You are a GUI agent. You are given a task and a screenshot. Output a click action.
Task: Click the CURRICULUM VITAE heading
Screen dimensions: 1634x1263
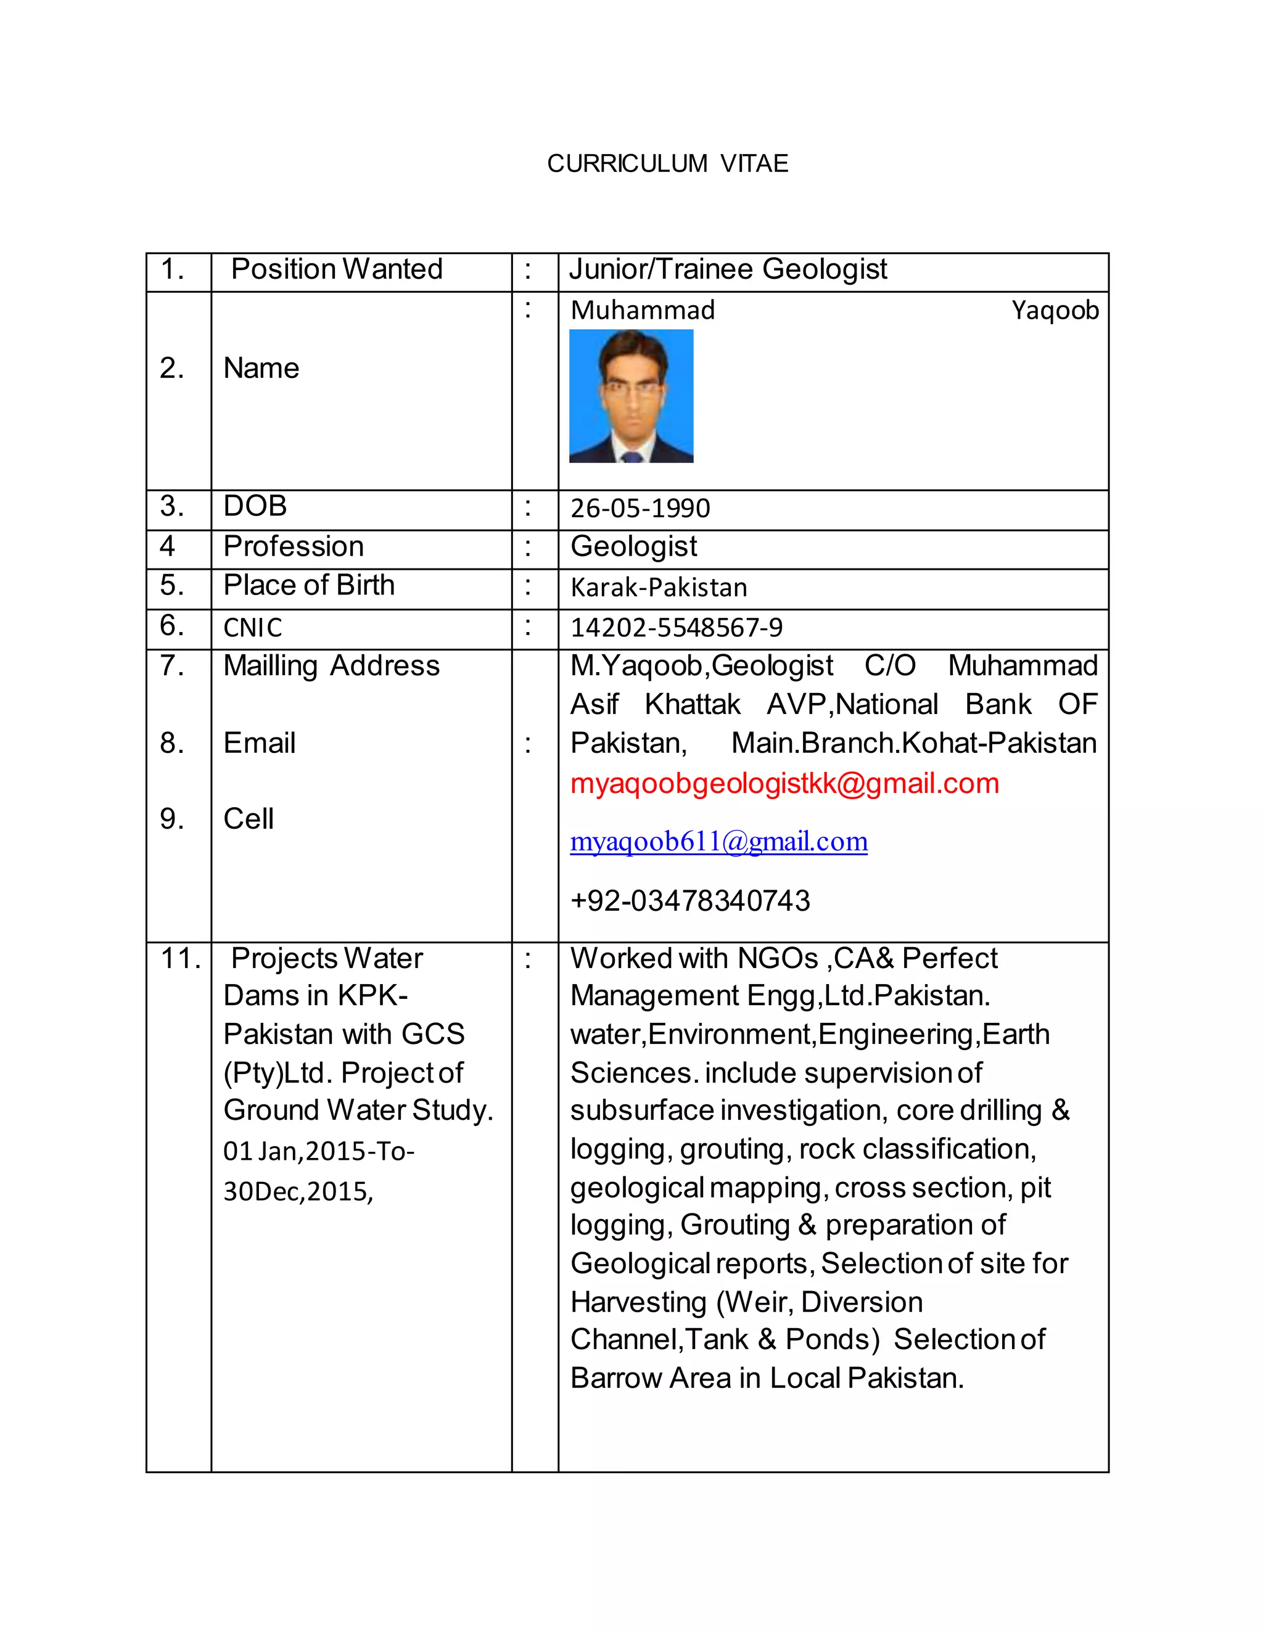(x=667, y=163)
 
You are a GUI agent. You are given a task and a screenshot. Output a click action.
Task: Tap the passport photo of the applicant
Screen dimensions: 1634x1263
(x=631, y=396)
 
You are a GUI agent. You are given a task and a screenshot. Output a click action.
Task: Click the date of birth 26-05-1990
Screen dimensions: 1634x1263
(x=640, y=509)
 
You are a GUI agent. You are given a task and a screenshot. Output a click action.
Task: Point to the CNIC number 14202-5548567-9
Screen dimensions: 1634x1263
(x=676, y=628)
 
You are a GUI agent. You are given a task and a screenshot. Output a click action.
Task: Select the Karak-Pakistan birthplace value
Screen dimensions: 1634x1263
(x=659, y=588)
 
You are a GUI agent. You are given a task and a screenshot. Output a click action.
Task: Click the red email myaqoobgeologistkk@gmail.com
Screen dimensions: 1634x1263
(x=784, y=783)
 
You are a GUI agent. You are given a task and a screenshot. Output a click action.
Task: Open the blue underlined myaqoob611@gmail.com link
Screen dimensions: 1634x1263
(x=718, y=842)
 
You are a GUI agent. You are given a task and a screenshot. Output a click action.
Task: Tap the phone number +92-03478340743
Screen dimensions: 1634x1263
(x=690, y=901)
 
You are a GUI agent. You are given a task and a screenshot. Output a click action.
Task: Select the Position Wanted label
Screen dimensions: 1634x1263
(x=337, y=269)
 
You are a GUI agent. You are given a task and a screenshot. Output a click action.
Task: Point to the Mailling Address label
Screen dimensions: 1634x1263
(x=331, y=666)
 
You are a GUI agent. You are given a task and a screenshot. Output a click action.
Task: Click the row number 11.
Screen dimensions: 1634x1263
(x=180, y=958)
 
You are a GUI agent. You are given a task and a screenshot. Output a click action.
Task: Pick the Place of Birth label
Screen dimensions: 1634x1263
(x=308, y=585)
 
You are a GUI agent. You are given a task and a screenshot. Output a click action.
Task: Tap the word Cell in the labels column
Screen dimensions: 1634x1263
(x=249, y=819)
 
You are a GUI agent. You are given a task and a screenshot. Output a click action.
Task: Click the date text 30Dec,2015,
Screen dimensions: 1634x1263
(x=298, y=1192)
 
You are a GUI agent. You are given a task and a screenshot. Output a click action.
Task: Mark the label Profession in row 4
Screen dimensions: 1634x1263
(x=294, y=547)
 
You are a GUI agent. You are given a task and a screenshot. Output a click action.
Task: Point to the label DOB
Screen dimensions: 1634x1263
(x=255, y=506)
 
